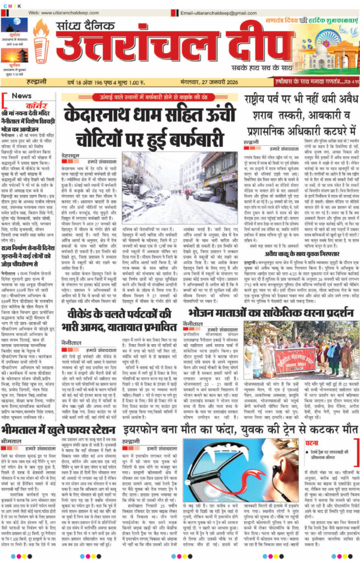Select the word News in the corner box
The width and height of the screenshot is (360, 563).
tap(21, 95)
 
